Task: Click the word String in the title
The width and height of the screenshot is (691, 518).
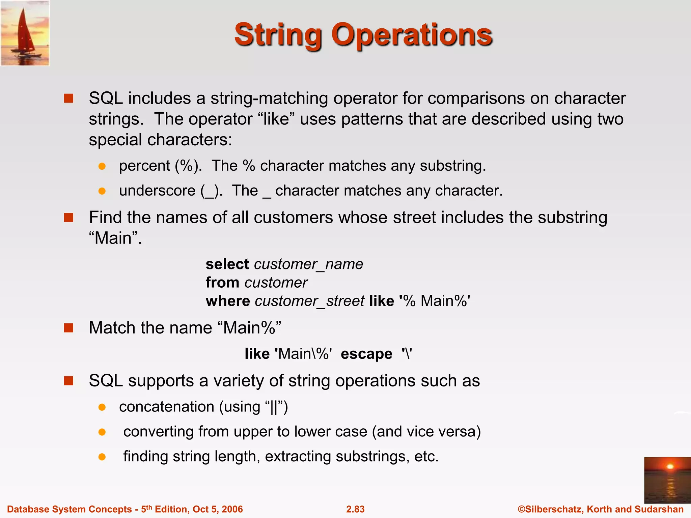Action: point(278,35)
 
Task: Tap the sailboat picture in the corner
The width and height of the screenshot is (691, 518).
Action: point(25,33)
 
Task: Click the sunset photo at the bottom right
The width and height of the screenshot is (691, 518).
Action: point(667,480)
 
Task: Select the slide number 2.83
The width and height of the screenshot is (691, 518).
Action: point(355,509)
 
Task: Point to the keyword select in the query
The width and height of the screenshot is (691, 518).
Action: point(227,264)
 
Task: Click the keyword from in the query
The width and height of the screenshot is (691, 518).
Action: point(222,283)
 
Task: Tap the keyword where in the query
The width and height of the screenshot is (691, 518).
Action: point(228,301)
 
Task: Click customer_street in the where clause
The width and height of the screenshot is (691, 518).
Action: point(309,301)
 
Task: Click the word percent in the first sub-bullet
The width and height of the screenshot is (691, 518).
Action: point(144,166)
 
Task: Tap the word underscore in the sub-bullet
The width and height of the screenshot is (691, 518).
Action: point(157,191)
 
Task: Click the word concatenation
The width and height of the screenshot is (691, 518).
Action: point(167,407)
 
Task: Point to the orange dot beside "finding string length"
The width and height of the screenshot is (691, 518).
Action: point(102,457)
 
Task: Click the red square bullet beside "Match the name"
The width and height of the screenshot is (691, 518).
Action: point(69,328)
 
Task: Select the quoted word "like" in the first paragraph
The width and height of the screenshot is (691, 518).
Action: point(276,119)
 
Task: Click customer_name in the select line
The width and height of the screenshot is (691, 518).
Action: point(308,264)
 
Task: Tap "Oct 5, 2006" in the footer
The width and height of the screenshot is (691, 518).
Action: point(218,509)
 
